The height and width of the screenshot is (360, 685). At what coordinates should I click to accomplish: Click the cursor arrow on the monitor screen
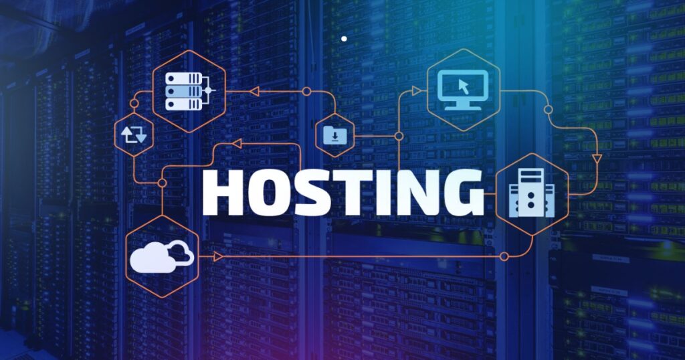pos(463,86)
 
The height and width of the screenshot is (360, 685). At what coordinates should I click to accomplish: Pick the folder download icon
pos(334,137)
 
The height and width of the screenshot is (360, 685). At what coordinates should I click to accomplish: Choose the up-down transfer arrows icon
pos(134,136)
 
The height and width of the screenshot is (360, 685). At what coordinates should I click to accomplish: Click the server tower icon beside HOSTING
pos(531,193)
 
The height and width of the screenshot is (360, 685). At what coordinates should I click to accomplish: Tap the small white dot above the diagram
pos(344,39)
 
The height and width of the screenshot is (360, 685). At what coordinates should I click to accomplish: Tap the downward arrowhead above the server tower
pos(597,159)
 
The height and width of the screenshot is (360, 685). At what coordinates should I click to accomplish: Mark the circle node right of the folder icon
pos(399,136)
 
